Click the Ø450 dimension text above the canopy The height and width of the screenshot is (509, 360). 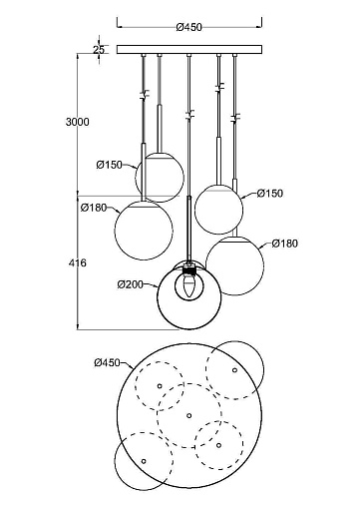tap(188, 27)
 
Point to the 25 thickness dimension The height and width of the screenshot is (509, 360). tap(99, 50)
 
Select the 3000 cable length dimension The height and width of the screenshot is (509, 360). tap(78, 122)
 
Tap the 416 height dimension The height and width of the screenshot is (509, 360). tap(78, 262)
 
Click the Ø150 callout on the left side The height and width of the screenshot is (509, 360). tap(110, 165)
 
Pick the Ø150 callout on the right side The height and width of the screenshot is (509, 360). tap(270, 194)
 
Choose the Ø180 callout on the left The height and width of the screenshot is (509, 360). tap(94, 208)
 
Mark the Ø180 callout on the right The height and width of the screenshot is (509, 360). tap(285, 244)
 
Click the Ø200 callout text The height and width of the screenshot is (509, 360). tap(131, 284)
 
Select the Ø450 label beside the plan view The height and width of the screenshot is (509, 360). tap(107, 362)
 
